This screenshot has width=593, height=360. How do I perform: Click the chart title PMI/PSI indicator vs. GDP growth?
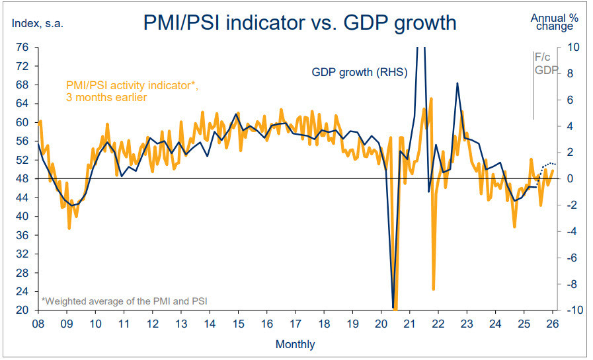299,23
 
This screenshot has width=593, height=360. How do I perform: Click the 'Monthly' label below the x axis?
295,344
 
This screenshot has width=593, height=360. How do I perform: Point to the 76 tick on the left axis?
22,48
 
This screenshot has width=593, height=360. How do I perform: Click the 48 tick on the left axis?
22,179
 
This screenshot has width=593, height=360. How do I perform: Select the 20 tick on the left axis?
22,310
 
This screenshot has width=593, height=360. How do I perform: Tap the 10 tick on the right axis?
573,48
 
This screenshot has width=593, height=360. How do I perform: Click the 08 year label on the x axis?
38,324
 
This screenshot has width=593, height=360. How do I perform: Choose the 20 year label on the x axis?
381,324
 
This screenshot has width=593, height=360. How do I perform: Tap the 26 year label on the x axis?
553,324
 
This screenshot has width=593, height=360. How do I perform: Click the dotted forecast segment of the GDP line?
548,164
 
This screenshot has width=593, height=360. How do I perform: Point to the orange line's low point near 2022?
434,289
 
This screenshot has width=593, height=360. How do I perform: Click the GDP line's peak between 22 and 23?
457,83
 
